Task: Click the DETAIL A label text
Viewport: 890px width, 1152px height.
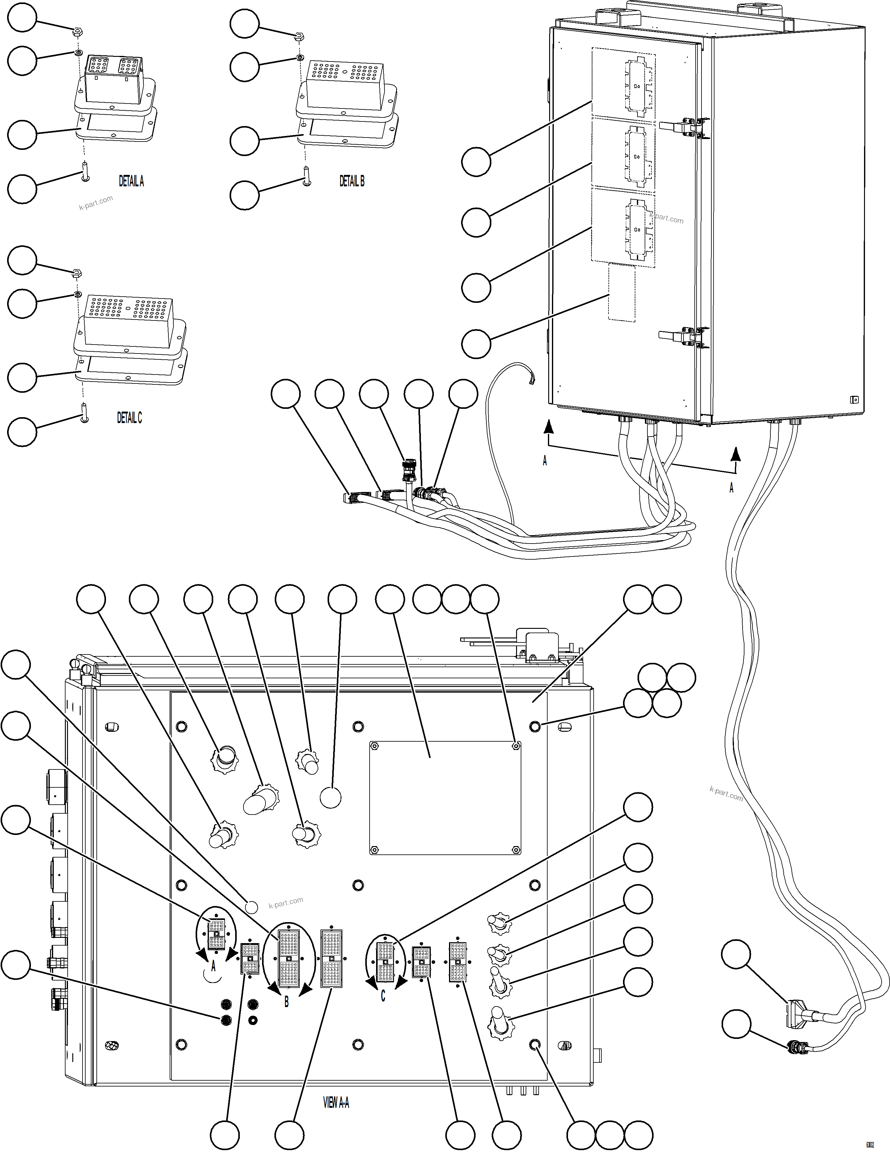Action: (131, 181)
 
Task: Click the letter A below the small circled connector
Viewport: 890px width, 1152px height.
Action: (213, 966)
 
